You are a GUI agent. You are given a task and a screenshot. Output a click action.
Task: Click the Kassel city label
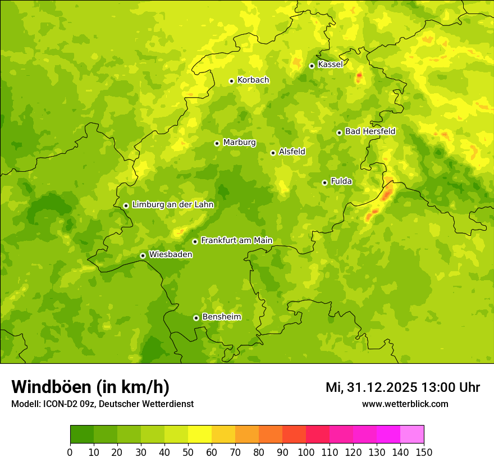coord(330,65)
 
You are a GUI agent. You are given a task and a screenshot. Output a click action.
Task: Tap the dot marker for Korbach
coord(231,81)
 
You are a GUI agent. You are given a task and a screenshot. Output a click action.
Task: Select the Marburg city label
coord(239,143)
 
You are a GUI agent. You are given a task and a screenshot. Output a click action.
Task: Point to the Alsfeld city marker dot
coord(273,153)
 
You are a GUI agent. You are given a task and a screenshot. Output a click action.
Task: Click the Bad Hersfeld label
coord(370,131)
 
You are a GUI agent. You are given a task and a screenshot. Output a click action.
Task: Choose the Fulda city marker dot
coord(324,182)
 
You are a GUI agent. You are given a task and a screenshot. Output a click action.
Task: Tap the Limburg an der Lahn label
coord(172,205)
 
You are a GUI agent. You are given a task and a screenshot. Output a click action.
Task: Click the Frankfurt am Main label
coord(236,240)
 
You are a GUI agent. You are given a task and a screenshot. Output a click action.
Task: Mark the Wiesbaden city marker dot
coord(143,255)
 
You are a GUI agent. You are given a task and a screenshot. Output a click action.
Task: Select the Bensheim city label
coord(221,317)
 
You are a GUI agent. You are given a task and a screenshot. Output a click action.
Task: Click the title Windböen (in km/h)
coord(90,387)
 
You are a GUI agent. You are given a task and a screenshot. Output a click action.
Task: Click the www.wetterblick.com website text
coord(405,404)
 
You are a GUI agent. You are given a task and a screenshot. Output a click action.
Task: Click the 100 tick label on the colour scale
coord(306,452)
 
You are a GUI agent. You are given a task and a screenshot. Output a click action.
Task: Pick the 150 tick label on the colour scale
coord(424,452)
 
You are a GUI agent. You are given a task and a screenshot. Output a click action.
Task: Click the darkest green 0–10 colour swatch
coord(82,435)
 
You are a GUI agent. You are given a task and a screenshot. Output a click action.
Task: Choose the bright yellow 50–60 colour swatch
coord(200,435)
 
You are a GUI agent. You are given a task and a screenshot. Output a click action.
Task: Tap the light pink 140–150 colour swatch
coord(412,435)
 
